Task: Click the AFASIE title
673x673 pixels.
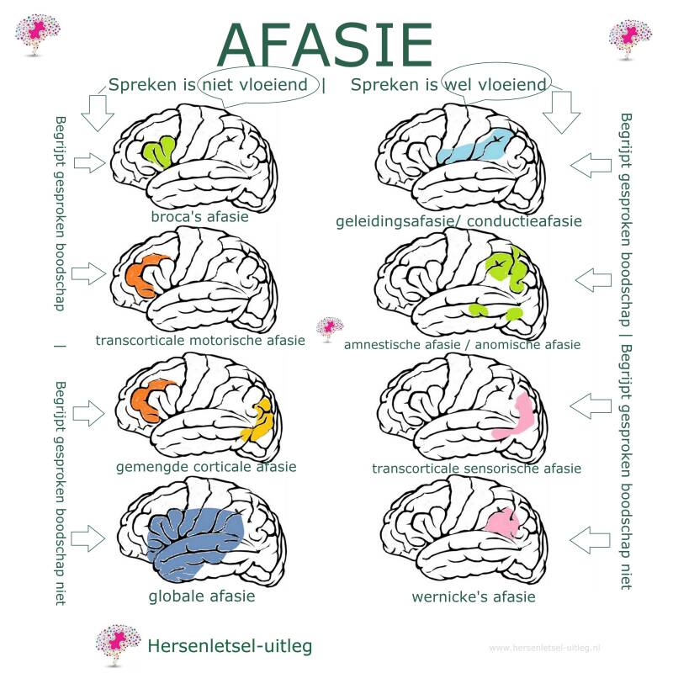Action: [x=325, y=45]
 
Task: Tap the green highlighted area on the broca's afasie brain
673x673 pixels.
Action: [x=158, y=152]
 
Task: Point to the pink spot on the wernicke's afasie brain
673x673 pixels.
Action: [x=503, y=522]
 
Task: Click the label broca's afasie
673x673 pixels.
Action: [x=199, y=216]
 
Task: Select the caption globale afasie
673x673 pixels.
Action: [x=202, y=596]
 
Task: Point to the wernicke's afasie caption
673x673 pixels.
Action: [x=474, y=597]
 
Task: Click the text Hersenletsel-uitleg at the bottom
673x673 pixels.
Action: [x=230, y=645]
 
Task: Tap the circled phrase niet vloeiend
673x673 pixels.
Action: [x=255, y=85]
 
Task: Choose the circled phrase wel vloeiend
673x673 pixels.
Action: [x=495, y=85]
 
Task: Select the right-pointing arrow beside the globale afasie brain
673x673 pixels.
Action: [x=87, y=538]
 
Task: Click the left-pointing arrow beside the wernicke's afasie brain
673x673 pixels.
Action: [x=590, y=540]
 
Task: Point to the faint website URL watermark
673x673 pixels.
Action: [x=544, y=648]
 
